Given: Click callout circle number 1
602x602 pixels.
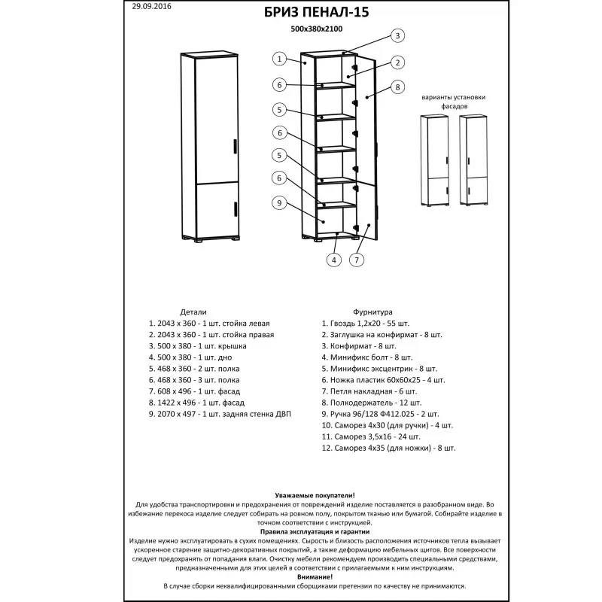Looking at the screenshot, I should pyautogui.click(x=278, y=59).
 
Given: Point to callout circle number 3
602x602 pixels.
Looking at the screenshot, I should pyautogui.click(x=398, y=35).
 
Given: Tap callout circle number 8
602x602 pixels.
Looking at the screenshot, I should pyautogui.click(x=398, y=87).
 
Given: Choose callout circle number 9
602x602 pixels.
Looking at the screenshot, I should pyautogui.click(x=278, y=202).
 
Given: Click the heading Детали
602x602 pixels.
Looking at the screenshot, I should pyautogui.click(x=193, y=312).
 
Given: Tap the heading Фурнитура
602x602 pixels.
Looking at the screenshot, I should pyautogui.click(x=372, y=312).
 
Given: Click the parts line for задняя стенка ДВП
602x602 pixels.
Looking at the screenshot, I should pyautogui.click(x=220, y=414).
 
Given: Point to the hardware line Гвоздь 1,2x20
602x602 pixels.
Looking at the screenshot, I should pyautogui.click(x=369, y=323).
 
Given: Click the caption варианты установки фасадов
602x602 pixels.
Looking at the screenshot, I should pyautogui.click(x=453, y=102).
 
